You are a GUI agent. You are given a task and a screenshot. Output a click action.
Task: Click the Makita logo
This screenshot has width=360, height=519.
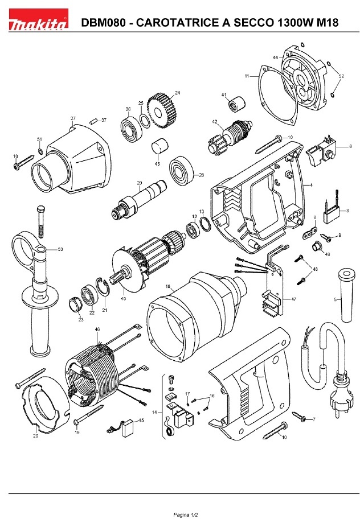click(38, 23)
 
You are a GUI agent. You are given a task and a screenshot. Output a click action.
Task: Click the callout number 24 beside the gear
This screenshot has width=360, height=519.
click(177, 93)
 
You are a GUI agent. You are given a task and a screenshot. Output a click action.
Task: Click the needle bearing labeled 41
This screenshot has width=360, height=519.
click(236, 105)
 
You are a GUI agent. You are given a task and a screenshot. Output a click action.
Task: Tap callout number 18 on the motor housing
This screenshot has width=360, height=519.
click(168, 287)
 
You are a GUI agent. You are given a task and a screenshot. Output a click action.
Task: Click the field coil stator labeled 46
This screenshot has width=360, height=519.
click(94, 373)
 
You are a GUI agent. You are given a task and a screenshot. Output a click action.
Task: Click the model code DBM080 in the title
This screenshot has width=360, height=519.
click(100, 23)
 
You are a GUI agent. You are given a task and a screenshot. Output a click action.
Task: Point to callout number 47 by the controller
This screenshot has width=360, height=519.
click(293, 299)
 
